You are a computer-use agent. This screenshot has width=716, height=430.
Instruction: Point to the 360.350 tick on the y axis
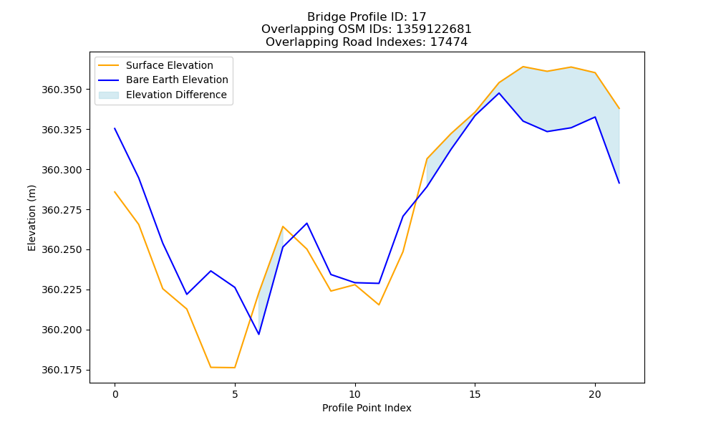pyautogui.click(x=62, y=90)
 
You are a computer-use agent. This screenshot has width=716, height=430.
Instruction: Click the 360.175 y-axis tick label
pyautogui.click(x=62, y=370)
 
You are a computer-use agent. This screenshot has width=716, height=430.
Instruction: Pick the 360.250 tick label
pyautogui.click(x=62, y=250)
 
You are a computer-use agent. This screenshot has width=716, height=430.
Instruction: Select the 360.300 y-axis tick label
pyautogui.click(x=62, y=170)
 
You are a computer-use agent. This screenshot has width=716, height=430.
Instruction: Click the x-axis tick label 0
pyautogui.click(x=115, y=394)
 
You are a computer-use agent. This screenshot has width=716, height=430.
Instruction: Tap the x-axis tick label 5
pyautogui.click(x=235, y=394)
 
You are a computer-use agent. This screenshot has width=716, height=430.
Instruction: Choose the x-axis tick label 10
pyautogui.click(x=355, y=394)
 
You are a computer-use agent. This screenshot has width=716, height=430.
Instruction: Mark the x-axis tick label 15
pyautogui.click(x=475, y=394)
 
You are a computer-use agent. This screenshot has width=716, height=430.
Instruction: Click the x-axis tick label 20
pyautogui.click(x=595, y=394)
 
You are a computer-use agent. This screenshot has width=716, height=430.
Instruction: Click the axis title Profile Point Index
pyautogui.click(x=367, y=408)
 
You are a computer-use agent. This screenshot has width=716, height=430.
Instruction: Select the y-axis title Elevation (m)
pyautogui.click(x=32, y=218)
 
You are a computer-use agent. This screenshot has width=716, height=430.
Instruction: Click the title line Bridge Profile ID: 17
pyautogui.click(x=367, y=17)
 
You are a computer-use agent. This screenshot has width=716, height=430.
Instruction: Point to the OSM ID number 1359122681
pyautogui.click(x=434, y=29)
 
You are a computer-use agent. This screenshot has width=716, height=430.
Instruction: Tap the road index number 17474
pyautogui.click(x=449, y=42)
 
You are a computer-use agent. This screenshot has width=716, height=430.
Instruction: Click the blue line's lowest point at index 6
pyautogui.click(x=258, y=335)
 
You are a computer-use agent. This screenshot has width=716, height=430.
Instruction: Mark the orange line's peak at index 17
pyautogui.click(x=523, y=67)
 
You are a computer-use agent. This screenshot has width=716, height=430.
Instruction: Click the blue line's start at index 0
pyautogui.click(x=115, y=128)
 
